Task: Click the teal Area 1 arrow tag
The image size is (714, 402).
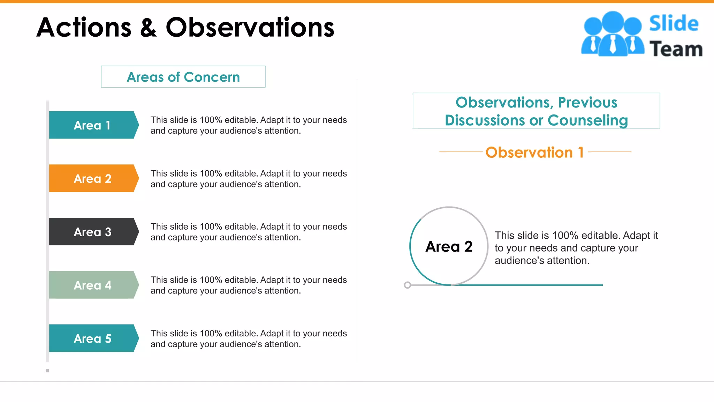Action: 93,125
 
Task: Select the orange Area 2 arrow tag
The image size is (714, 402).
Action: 93,178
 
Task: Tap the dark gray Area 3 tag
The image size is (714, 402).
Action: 93,232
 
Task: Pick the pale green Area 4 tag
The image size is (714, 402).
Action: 93,285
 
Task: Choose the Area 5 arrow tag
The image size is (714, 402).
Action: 93,338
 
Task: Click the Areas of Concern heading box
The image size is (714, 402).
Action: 183,77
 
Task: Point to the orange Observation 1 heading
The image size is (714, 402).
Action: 534,152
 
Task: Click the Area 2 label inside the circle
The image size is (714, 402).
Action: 449,247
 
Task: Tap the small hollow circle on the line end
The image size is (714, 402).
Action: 407,285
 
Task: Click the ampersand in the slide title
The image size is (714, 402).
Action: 149,28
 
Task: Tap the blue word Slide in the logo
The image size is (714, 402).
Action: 674,23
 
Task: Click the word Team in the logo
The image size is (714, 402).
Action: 676,49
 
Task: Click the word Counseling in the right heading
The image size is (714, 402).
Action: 587,120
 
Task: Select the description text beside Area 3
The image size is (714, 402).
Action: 249,232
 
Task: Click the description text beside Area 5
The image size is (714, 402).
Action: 249,339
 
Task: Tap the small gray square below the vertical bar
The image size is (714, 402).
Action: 47,371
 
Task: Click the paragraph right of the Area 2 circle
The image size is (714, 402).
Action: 576,248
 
